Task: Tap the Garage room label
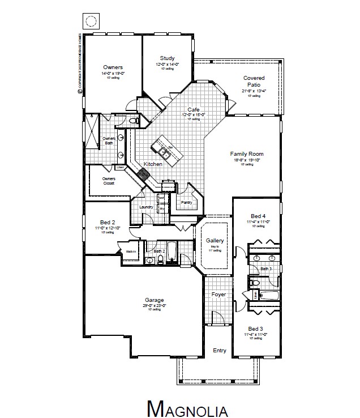[154, 300]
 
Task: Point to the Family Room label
[247, 154]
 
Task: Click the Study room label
[167, 58]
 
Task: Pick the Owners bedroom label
[113, 67]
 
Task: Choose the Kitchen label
[153, 164]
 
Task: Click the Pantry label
[187, 202]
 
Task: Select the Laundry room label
[146, 207]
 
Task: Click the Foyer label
[218, 295]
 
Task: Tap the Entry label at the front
[219, 351]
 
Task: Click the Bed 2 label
[108, 222]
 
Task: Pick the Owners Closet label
[109, 181]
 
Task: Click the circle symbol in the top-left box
[91, 22]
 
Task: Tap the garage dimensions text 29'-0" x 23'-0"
[154, 306]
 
